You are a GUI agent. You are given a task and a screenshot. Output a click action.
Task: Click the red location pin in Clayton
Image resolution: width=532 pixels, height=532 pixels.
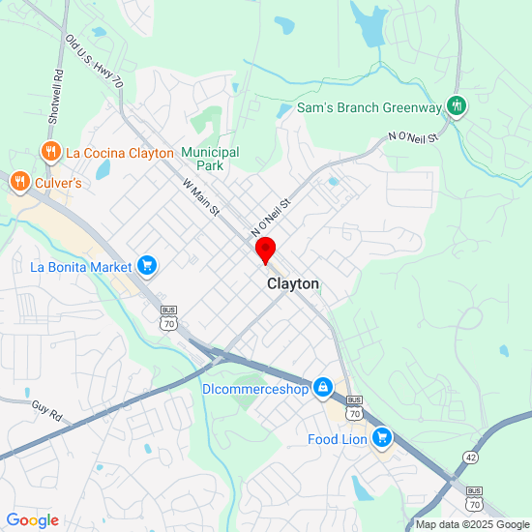[x=265, y=251]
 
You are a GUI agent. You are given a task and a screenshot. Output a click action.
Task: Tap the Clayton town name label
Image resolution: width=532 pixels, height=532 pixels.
[x=292, y=284]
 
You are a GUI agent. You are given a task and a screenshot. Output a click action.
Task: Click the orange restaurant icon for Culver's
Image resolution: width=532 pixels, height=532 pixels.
[x=18, y=181]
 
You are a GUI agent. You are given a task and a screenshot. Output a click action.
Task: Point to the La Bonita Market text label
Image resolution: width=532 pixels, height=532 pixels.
[x=81, y=266]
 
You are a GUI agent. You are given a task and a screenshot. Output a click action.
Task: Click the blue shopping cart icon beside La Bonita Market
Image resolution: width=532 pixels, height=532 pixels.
[x=147, y=265]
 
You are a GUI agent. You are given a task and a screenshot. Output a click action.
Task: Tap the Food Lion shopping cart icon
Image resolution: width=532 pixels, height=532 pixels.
[x=382, y=438]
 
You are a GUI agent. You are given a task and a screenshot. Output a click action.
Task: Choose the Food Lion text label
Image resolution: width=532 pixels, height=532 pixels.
[x=338, y=439]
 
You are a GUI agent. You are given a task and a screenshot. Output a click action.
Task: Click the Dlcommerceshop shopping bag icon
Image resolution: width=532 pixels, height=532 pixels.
[x=323, y=389]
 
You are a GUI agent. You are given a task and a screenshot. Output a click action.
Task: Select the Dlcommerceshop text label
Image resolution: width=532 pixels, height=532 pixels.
[x=255, y=389]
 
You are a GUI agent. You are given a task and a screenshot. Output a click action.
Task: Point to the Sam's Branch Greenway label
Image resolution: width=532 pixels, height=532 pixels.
[x=369, y=107]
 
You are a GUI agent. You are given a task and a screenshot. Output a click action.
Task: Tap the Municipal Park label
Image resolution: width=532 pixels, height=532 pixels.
[x=210, y=159]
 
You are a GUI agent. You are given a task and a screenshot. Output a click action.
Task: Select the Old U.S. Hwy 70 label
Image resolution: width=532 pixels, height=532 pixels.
[x=94, y=64]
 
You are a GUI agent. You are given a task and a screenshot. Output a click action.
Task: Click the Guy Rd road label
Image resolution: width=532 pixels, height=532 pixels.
[x=46, y=412]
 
